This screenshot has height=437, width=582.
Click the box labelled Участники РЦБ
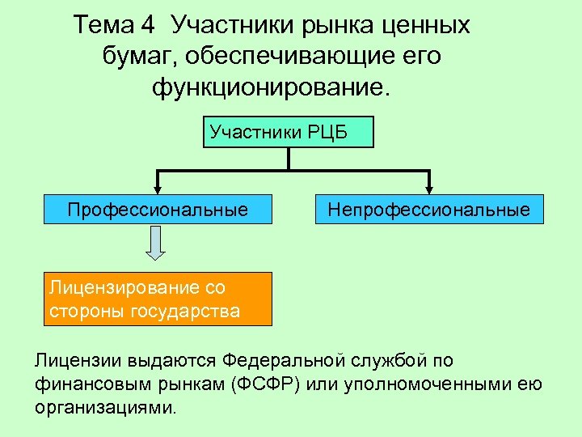[x=289, y=132]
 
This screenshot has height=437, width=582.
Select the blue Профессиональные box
[x=158, y=210]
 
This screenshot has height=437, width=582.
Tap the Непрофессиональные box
[x=428, y=210]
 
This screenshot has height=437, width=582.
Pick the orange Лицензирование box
[x=158, y=299]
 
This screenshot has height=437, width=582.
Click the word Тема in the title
[x=103, y=25]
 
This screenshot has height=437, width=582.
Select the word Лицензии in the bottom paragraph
[x=71, y=359]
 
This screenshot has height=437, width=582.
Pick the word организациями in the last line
[x=105, y=406]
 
